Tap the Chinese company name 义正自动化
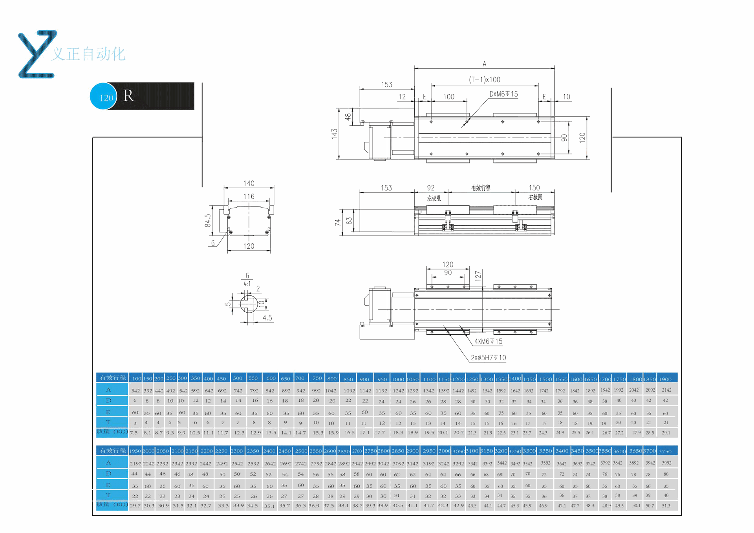coord(89,54)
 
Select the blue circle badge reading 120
coord(103,97)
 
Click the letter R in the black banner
coord(128,96)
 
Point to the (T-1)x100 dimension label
coord(485,80)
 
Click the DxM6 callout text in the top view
coord(503,94)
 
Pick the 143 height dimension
coord(334,134)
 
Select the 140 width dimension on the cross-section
coord(249,183)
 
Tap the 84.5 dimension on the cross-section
coord(208,220)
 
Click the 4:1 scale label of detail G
coord(247,284)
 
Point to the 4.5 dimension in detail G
coord(267,318)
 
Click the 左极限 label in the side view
coord(434,198)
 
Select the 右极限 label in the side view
coord(535,197)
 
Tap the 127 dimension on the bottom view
coord(478,276)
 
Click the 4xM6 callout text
coord(488,341)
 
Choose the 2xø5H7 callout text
coord(488,358)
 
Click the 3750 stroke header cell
coord(665,451)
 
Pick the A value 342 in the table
coord(135,391)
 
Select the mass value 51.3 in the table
coord(666,506)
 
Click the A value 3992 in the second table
coord(666,463)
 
